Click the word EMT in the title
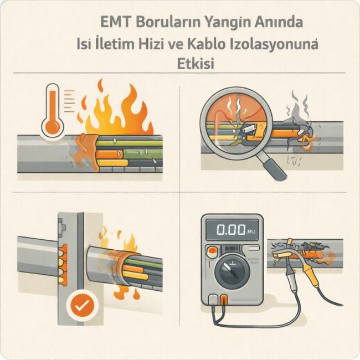coord(116,22)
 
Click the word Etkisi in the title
coord(196,63)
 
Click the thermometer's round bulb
coord(53,126)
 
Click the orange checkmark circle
coord(83,306)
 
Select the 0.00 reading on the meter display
coord(231,230)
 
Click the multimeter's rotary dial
coord(232,270)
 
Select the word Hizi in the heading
coord(150,44)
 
